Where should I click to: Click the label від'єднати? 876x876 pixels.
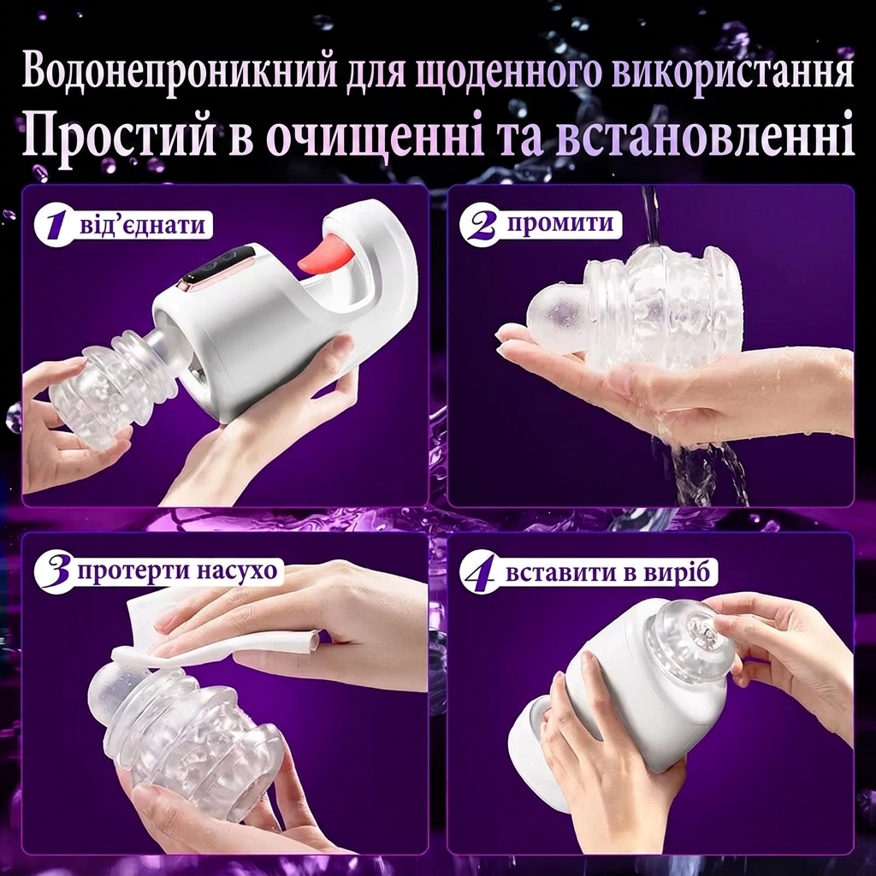point(143,226)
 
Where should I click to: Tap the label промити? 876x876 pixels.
point(560,224)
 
